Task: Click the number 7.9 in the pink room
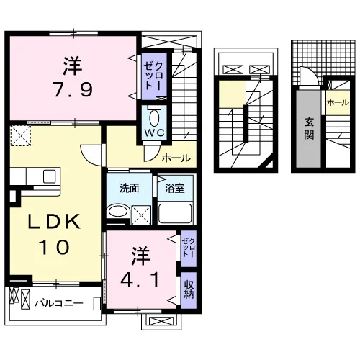[x=73, y=89]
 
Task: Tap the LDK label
[x=54, y=222]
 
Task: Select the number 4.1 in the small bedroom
[x=140, y=279]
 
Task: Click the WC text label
[x=155, y=132]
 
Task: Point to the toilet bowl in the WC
[x=154, y=118]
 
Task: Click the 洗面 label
[x=130, y=189]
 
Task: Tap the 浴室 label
[x=175, y=189]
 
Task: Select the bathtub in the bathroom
[x=175, y=214]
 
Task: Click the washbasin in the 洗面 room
[x=118, y=211]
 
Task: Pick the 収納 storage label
[x=189, y=289]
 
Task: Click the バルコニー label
[x=59, y=303]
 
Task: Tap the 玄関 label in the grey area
[x=309, y=129]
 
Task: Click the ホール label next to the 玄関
[x=338, y=103]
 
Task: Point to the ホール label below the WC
[x=176, y=158]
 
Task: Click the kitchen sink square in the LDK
[x=50, y=176]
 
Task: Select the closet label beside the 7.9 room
[x=154, y=76]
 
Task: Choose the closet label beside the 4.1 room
[x=189, y=248]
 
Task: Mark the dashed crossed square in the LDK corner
[x=21, y=136]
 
